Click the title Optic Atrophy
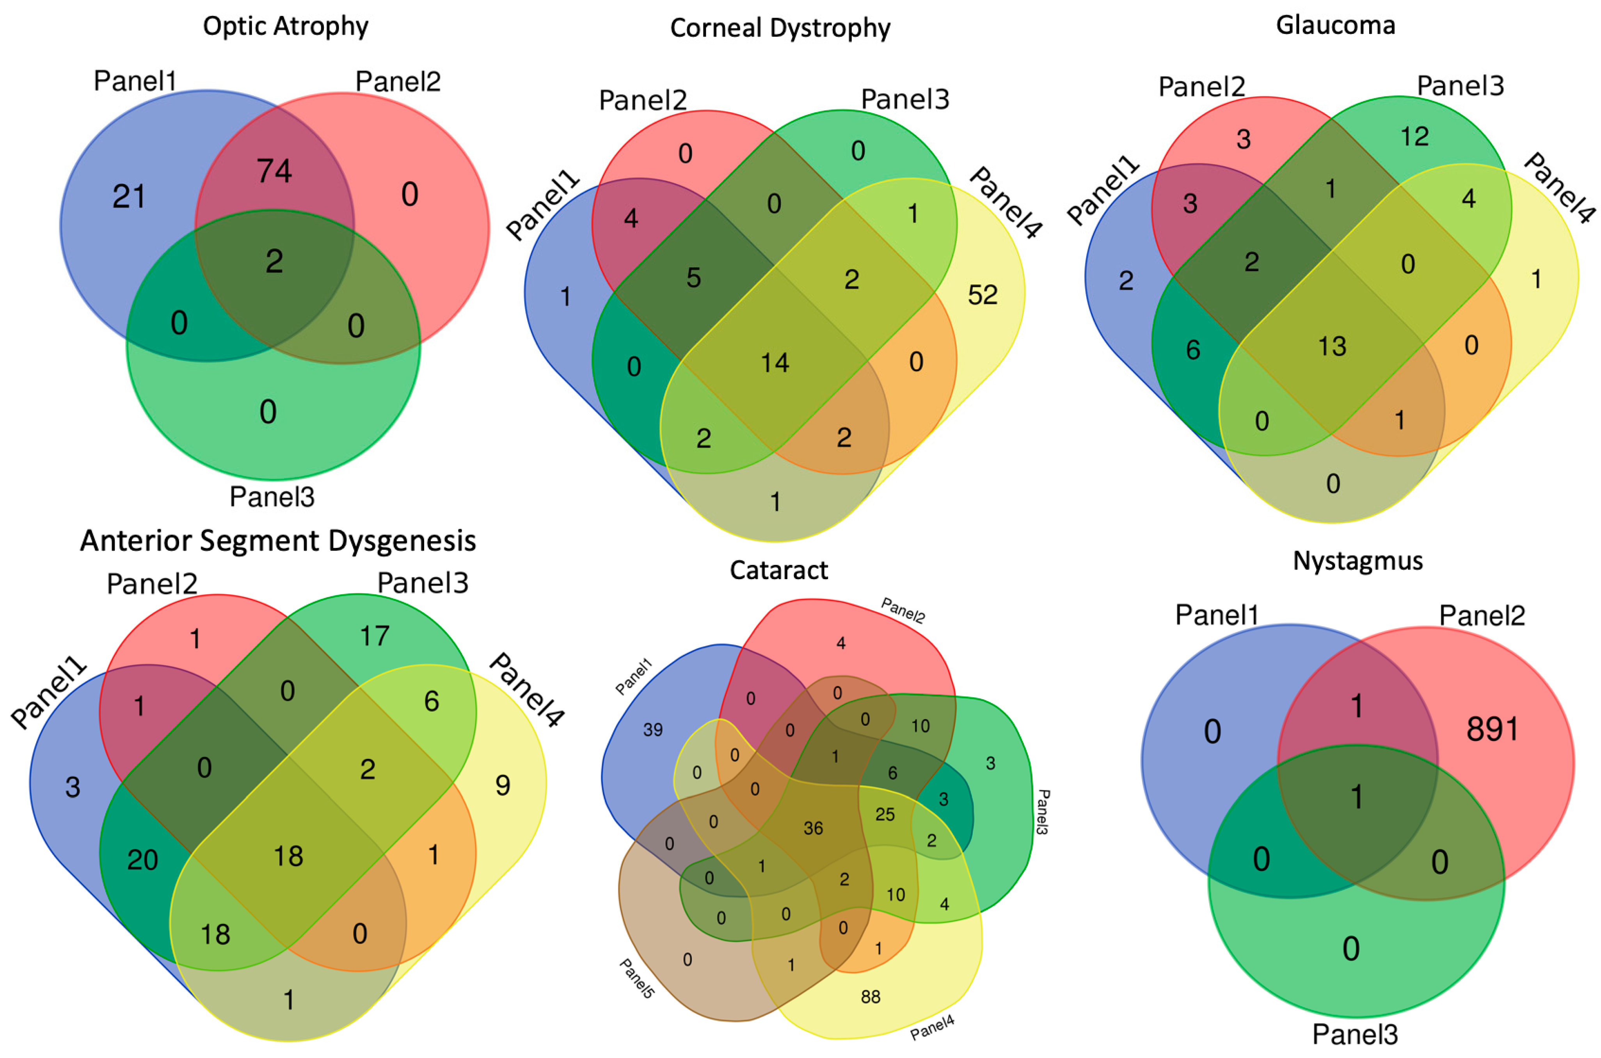click(286, 26)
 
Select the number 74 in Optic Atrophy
click(274, 171)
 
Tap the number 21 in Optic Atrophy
click(128, 197)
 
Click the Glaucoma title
click(1335, 25)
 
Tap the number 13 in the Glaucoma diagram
click(1332, 347)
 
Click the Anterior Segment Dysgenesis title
click(278, 541)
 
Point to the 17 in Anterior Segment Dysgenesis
click(375, 636)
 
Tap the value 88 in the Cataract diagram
click(870, 997)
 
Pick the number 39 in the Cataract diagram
click(653, 729)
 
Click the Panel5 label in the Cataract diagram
click(636, 978)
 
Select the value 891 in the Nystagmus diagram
click(1493, 729)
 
